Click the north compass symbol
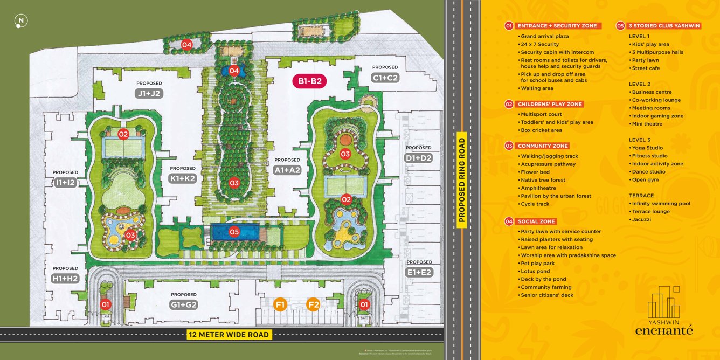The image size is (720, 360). tap(21, 22)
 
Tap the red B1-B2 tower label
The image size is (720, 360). tap(310, 81)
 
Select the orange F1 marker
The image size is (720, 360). tap(280, 304)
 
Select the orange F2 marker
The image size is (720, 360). tap(313, 304)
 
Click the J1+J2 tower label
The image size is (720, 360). tap(149, 93)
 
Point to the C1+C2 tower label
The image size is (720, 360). tap(385, 78)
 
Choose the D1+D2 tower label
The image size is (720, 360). tap(418, 158)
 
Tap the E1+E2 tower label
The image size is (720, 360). tap(419, 272)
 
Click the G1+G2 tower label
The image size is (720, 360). tap(184, 304)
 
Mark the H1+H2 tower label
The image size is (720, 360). tap(66, 278)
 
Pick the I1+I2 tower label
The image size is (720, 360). tap(65, 183)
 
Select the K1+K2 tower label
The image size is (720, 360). tap(183, 178)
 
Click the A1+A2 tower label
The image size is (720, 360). tap(287, 170)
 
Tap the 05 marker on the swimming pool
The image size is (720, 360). tap(234, 232)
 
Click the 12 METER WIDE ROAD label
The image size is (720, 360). tap(229, 335)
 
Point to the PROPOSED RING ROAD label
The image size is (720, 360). tap(462, 180)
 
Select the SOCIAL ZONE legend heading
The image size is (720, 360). tap(536, 221)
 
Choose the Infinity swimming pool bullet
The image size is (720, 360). tap(661, 204)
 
